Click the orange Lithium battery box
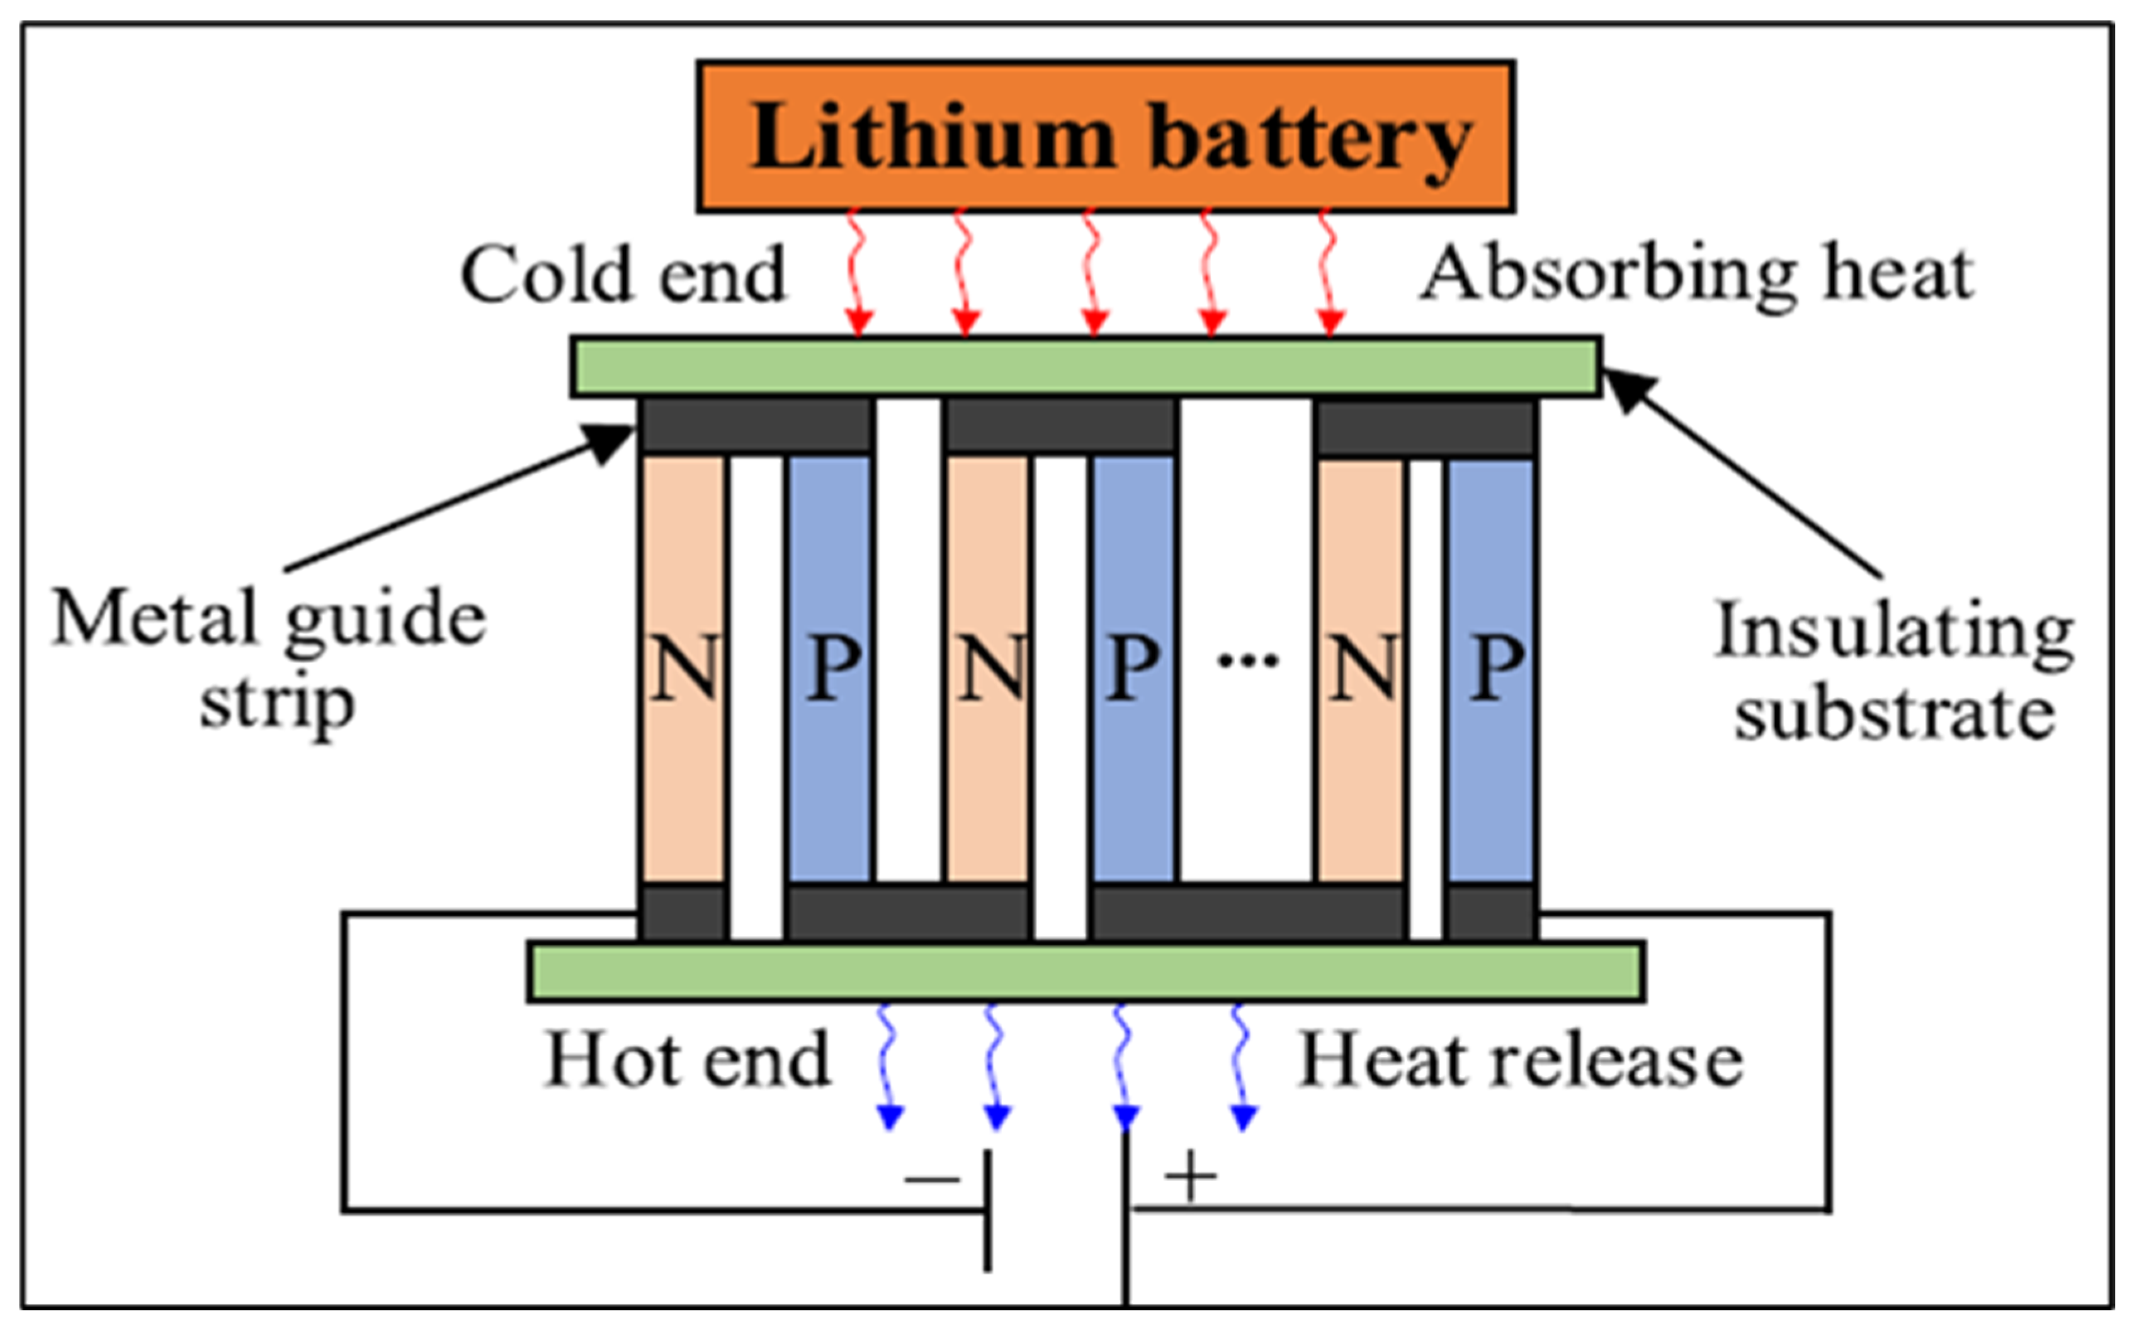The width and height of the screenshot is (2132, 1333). point(1105,137)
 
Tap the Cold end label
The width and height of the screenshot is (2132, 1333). point(622,274)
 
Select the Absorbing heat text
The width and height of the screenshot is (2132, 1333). point(1698,274)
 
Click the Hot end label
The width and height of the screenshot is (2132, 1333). point(688,1059)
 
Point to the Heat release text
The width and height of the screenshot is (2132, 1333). point(1521,1059)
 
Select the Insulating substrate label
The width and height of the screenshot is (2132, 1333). point(1895,670)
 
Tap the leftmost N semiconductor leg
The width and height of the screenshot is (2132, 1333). point(684,667)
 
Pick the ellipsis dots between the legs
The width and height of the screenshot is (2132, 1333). point(1247,659)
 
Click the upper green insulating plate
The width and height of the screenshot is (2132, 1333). point(1086,366)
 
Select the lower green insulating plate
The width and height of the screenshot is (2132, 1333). point(1086,971)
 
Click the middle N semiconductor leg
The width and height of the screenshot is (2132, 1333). point(988,667)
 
